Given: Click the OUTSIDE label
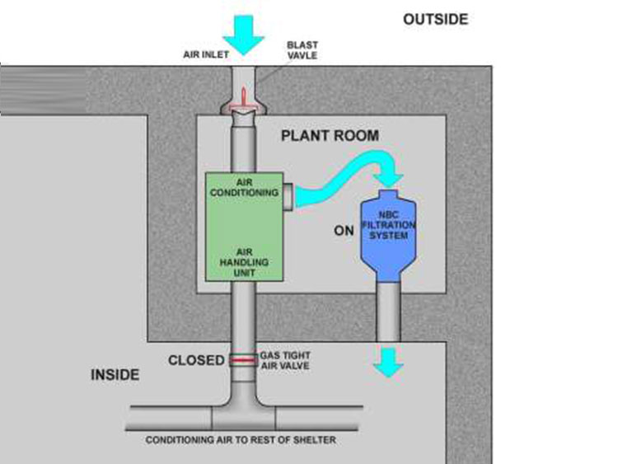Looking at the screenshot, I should pos(435,19).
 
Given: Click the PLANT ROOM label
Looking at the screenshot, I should pos(329,135).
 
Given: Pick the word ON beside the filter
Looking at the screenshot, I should pos(344,231).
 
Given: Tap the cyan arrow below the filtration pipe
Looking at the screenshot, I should pos(387,359).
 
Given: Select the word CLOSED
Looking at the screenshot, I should pos(196,360).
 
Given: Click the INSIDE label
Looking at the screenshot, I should pos(115,376).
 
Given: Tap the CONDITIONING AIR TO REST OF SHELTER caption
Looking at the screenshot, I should pos(241,440).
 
